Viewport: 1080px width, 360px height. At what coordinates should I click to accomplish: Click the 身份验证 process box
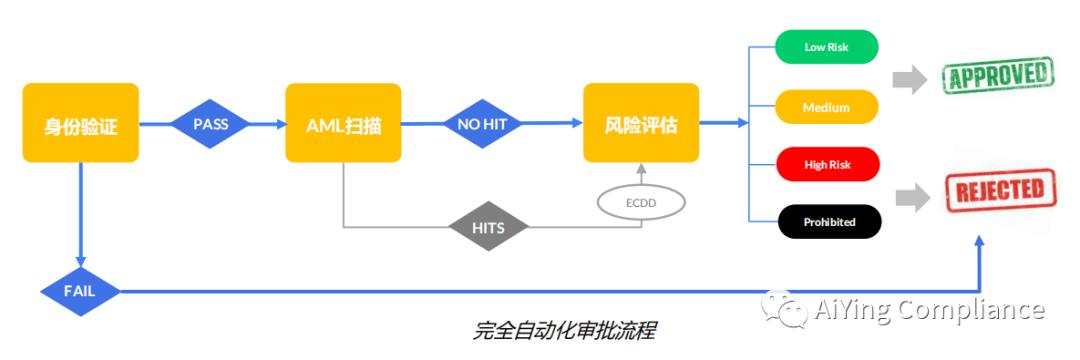pos(81,123)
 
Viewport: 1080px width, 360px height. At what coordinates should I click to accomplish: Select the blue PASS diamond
pos(210,124)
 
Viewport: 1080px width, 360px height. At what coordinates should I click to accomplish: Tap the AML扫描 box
pos(343,123)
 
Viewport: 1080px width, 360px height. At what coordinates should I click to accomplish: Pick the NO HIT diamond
pos(482,124)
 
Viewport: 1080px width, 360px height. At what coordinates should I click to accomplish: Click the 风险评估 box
pos(641,123)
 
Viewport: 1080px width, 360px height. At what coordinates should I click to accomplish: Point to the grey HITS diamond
pos(488,226)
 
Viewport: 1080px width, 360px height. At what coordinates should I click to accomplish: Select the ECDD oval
pos(641,203)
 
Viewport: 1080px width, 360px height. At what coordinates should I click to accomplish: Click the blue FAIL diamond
pos(80,291)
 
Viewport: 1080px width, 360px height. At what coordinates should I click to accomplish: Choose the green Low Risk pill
pos(827,47)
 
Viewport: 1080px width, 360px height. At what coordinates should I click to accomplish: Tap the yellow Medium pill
pos(827,107)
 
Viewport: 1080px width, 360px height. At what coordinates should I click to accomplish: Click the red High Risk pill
pos(828,165)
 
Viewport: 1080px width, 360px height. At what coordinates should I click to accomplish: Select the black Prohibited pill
pos(829,222)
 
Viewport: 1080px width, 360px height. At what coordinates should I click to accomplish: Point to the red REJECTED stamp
pos(1000,189)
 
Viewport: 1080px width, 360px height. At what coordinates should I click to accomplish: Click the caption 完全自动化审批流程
pos(563,331)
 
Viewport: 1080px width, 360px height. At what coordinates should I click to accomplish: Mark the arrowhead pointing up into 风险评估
pos(641,169)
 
